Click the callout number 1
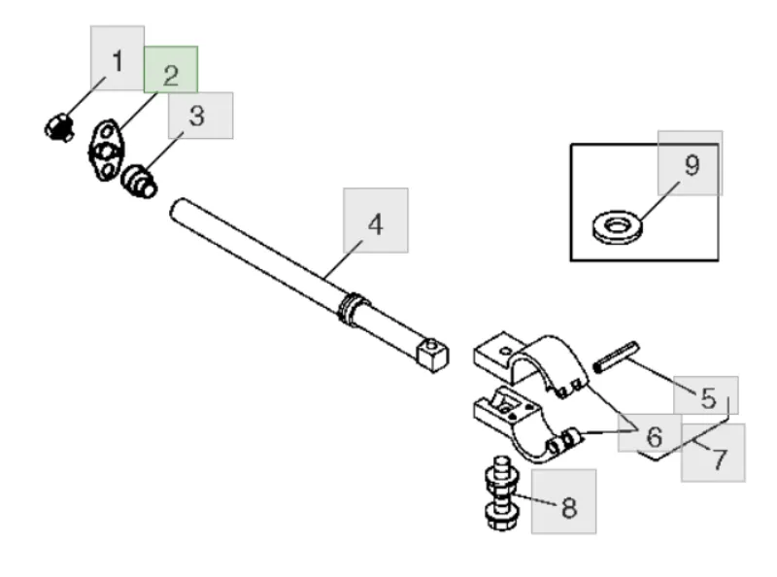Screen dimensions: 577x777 coord(118,61)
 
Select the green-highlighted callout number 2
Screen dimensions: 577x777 coord(171,74)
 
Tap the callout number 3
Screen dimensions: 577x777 coord(197,117)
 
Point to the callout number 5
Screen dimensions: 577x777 coord(708,397)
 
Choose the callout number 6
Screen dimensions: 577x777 coord(655,435)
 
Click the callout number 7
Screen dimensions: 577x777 coord(719,458)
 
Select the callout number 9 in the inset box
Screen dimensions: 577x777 coord(691,164)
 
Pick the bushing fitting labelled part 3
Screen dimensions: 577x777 coord(140,180)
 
